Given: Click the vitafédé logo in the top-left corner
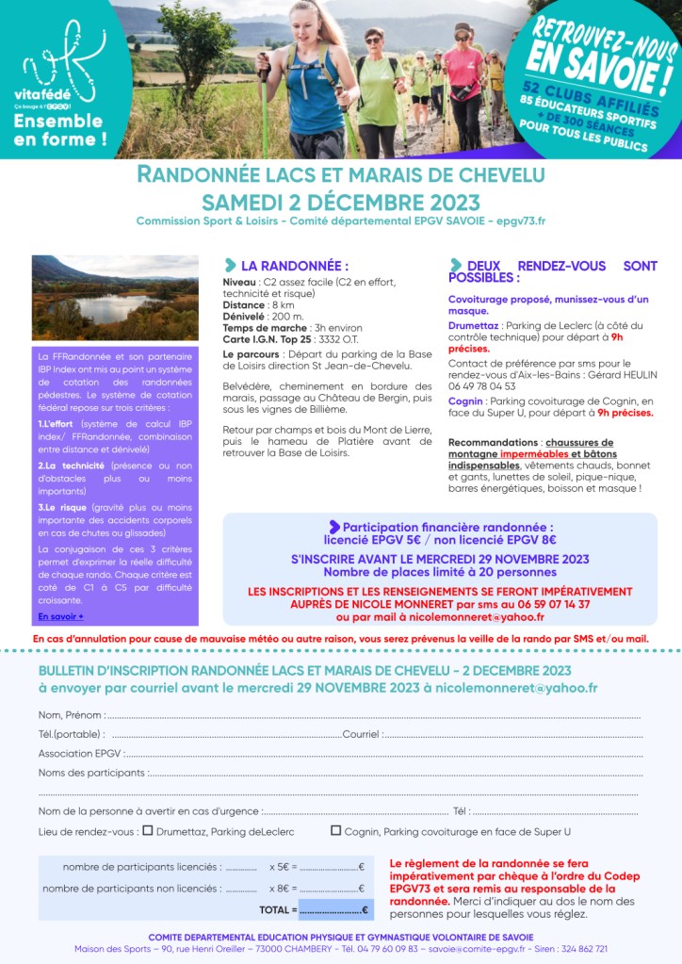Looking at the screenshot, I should coord(59,70).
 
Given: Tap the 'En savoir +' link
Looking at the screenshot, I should coord(60,616).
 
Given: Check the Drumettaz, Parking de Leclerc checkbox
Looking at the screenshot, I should coord(147,831).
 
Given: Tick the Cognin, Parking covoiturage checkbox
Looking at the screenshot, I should coord(335,831).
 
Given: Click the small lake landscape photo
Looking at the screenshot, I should coord(115,297).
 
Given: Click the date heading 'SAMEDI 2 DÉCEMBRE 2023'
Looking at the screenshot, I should coord(340,203).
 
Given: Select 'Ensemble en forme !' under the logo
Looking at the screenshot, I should coord(58,130).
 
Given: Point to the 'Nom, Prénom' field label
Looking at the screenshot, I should coord(71,715).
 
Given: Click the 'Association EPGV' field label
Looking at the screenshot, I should coord(80,754).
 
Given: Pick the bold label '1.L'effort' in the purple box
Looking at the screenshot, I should coord(56,424).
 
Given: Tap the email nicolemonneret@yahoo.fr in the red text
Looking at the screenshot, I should coord(471,617).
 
